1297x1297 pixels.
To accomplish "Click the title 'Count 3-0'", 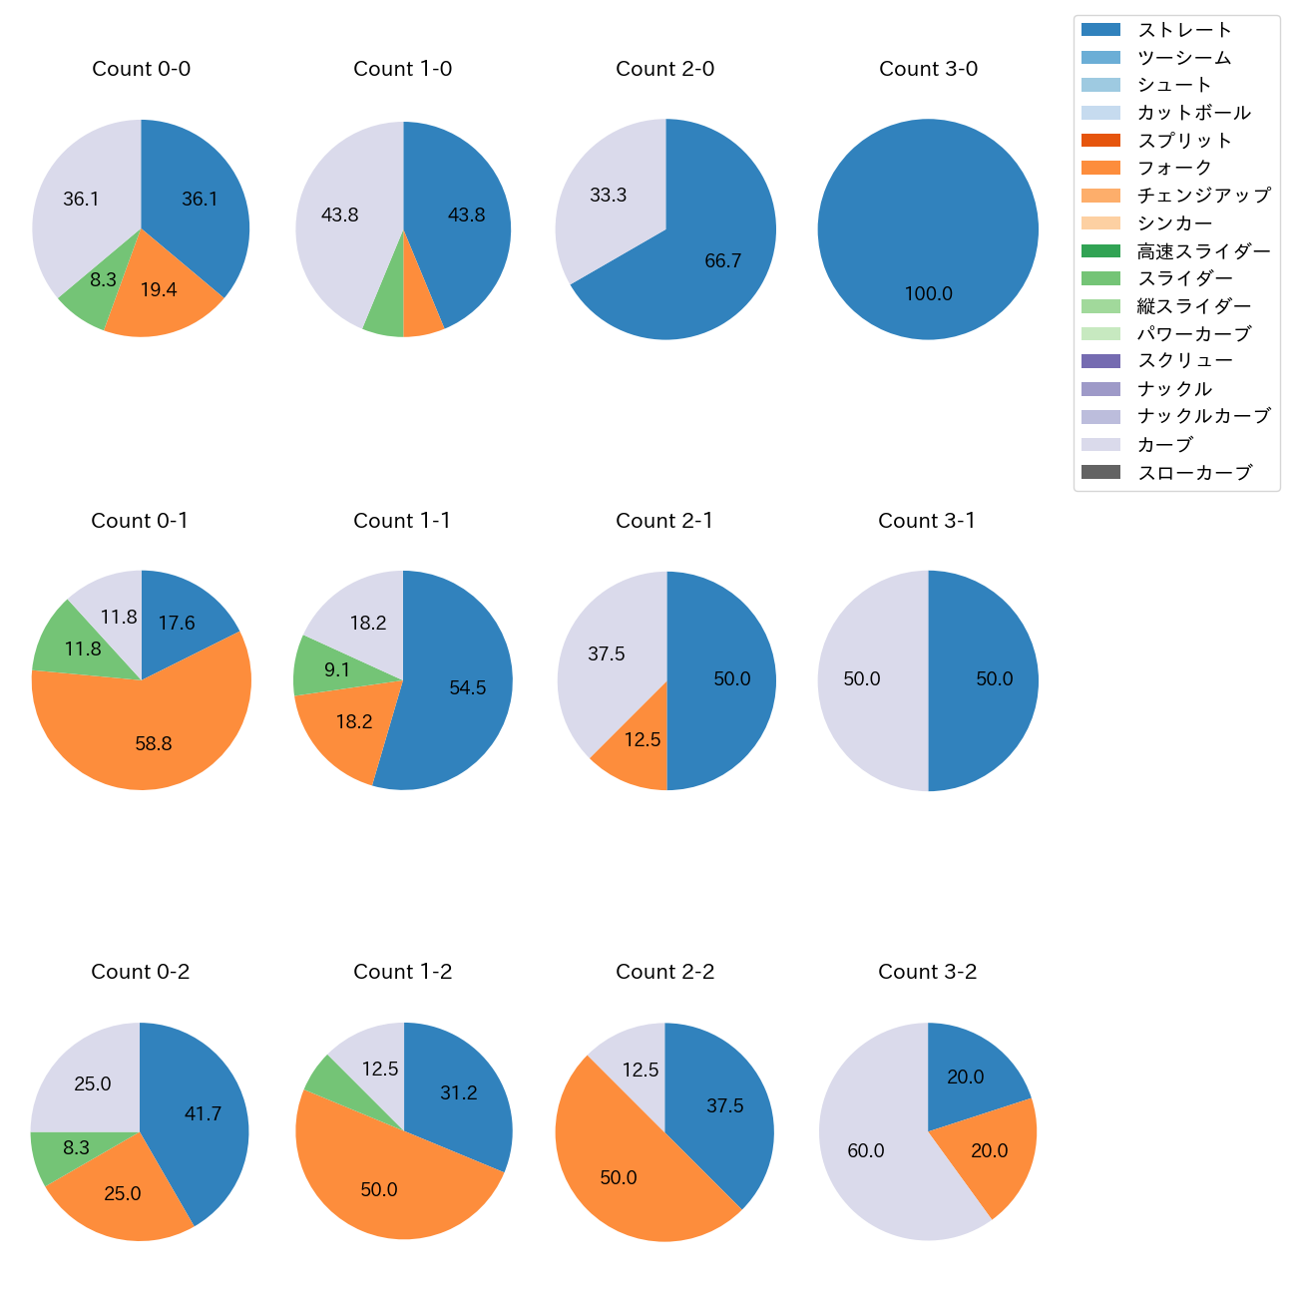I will (928, 69).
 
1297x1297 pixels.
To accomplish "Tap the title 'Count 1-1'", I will (402, 521).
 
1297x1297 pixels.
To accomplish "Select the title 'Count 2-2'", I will (664, 972).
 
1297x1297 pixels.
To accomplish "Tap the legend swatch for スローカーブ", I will (1100, 472).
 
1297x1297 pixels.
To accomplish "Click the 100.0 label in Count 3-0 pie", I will (928, 294).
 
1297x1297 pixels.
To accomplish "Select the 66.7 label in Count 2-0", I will (722, 261).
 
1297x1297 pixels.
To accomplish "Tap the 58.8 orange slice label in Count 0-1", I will (154, 743).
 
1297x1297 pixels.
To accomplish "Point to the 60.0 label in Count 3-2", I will (865, 1151).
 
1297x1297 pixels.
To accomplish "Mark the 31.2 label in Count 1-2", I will (458, 1093).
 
